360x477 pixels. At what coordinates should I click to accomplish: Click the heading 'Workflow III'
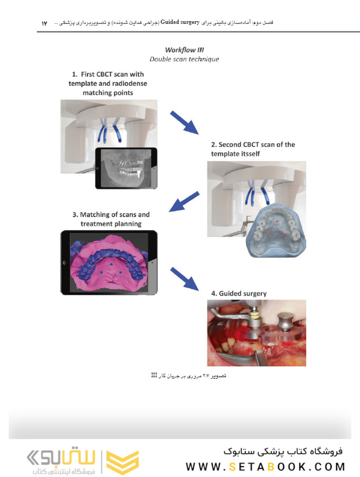coord(185,50)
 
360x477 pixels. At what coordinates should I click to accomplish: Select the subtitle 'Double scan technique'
coord(184,59)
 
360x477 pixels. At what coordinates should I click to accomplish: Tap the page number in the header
coord(45,23)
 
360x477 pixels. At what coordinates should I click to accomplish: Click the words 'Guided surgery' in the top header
coord(180,22)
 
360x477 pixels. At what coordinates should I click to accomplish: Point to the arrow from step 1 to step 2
coord(185,122)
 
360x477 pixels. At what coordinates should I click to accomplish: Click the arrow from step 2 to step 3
coord(184,201)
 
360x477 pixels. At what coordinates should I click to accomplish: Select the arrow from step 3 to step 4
coord(185,279)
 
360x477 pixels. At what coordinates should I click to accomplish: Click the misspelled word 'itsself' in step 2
coord(250,154)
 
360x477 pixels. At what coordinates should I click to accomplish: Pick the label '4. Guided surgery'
coord(239,294)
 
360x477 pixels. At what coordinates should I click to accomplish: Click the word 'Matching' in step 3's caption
coord(94,215)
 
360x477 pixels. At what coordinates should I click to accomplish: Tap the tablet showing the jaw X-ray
coord(127,168)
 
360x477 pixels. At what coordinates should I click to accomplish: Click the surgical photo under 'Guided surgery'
coord(256,333)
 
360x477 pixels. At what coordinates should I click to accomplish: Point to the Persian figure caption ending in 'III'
coord(188,376)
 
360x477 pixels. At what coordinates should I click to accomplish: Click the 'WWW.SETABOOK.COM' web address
coord(266,467)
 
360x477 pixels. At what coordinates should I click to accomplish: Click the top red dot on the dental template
coord(277,221)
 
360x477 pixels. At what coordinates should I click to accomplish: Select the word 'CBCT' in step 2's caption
coord(254,144)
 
